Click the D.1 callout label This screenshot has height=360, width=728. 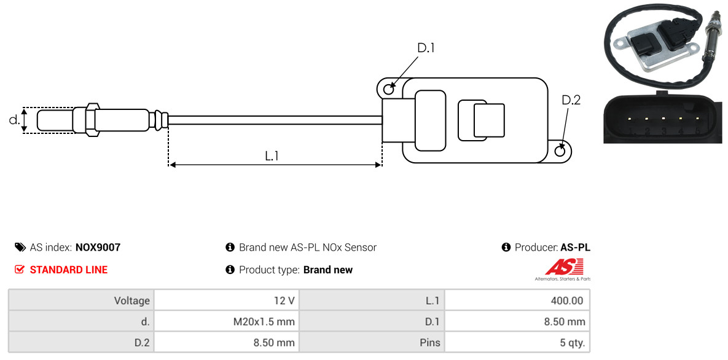pos(426,48)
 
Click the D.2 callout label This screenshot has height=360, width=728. pos(571,100)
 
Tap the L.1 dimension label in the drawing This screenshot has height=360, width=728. pos(272,156)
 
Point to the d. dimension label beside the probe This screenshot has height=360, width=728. pos(14,120)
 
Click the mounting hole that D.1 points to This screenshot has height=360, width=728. pos(388,90)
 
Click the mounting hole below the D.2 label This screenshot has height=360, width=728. pos(560,151)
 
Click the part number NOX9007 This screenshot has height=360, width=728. pos(98,248)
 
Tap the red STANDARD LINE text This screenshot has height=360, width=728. pos(68,270)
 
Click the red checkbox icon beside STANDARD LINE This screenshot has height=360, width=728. pos(20,270)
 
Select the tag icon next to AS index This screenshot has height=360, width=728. pos(20,248)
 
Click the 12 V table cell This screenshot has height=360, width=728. pos(225,300)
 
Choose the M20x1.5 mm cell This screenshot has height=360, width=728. pos(225,321)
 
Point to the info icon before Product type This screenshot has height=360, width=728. pos(230,270)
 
